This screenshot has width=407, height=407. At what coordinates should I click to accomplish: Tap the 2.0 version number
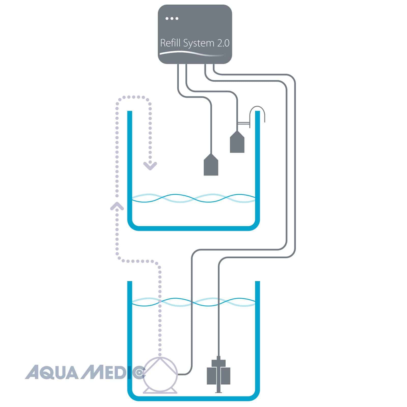(x=223, y=43)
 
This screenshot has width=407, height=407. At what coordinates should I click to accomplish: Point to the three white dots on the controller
(x=172, y=18)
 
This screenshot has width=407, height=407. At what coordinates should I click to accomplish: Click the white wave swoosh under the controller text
(x=193, y=53)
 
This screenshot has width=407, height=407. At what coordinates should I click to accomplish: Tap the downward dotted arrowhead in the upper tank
(x=150, y=166)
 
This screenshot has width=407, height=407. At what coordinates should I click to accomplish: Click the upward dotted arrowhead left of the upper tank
(x=117, y=206)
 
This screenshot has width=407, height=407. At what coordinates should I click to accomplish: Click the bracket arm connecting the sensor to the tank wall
(x=243, y=124)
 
